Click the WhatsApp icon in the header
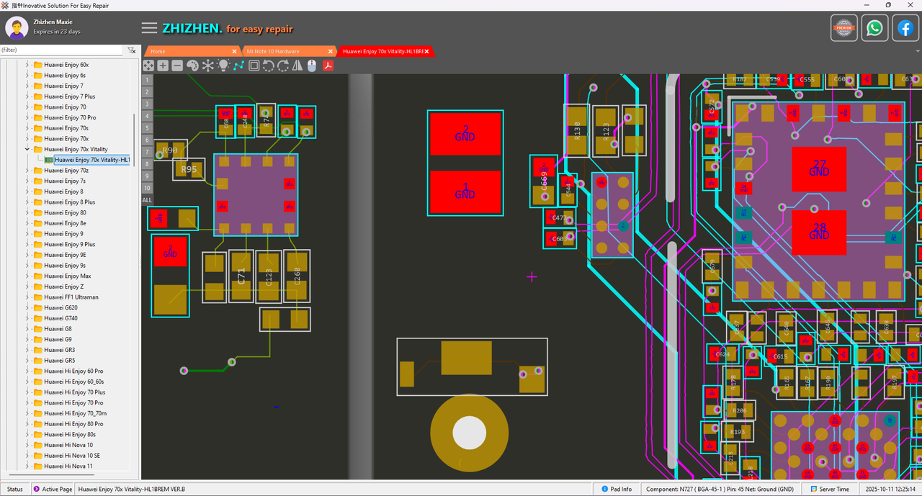pyautogui.click(x=874, y=28)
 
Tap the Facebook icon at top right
pyautogui.click(x=905, y=28)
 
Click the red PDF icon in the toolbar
pyautogui.click(x=328, y=66)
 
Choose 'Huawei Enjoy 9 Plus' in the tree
pyautogui.click(x=69, y=244)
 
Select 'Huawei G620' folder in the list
pyautogui.click(x=61, y=307)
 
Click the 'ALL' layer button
pyautogui.click(x=147, y=199)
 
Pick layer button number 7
pyautogui.click(x=147, y=152)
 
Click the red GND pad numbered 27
pyautogui.click(x=819, y=168)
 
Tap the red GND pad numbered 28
pyautogui.click(x=819, y=232)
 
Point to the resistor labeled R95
pyautogui.click(x=189, y=170)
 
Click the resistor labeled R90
pyautogui.click(x=170, y=150)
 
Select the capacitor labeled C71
pyautogui.click(x=241, y=276)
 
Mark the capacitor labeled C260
pyautogui.click(x=297, y=276)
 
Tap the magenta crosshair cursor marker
pyautogui.click(x=532, y=276)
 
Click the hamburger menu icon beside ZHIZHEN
pyautogui.click(x=149, y=28)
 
